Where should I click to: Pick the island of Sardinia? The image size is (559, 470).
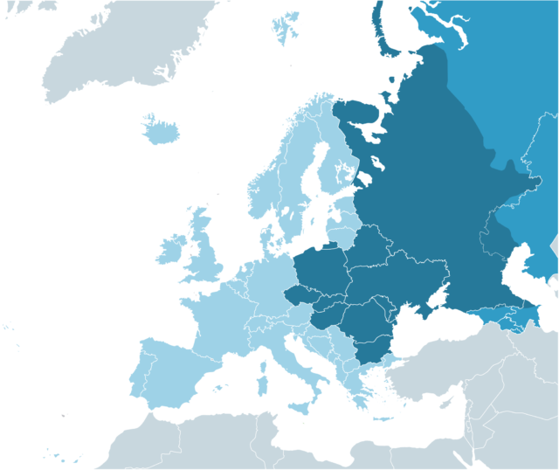260,377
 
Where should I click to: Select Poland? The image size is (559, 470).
323,271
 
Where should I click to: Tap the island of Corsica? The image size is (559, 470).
261,355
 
